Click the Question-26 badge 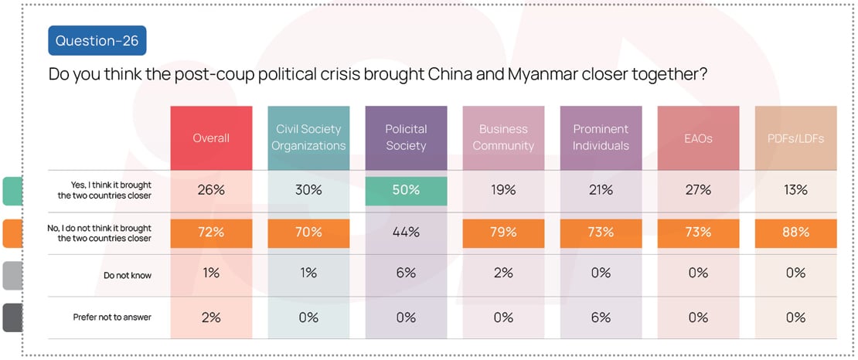[x=97, y=40]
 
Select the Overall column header [x=211, y=138]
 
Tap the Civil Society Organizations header [x=308, y=138]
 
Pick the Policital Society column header [x=406, y=138]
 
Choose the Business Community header [x=503, y=138]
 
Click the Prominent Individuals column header [x=601, y=138]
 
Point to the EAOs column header [x=698, y=138]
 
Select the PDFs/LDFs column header [x=795, y=138]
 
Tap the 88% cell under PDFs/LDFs [x=795, y=233]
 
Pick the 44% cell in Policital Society [x=406, y=233]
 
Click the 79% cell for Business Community [x=503, y=233]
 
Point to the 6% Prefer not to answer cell [x=601, y=317]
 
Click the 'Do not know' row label [x=128, y=274]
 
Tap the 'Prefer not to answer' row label [x=113, y=317]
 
